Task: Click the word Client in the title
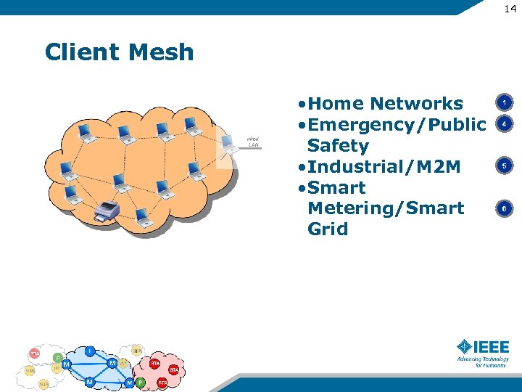point(80,52)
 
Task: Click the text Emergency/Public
point(395,124)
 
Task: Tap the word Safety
point(338,145)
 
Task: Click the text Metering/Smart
point(385,208)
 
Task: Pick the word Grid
point(328,229)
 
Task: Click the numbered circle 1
point(504,102)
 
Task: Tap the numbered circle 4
point(504,124)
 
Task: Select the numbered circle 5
point(504,166)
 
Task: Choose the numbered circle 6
point(504,209)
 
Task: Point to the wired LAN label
point(252,142)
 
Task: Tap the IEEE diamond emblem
point(465,347)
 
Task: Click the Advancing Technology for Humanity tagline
point(483,362)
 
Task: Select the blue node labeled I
point(89,351)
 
